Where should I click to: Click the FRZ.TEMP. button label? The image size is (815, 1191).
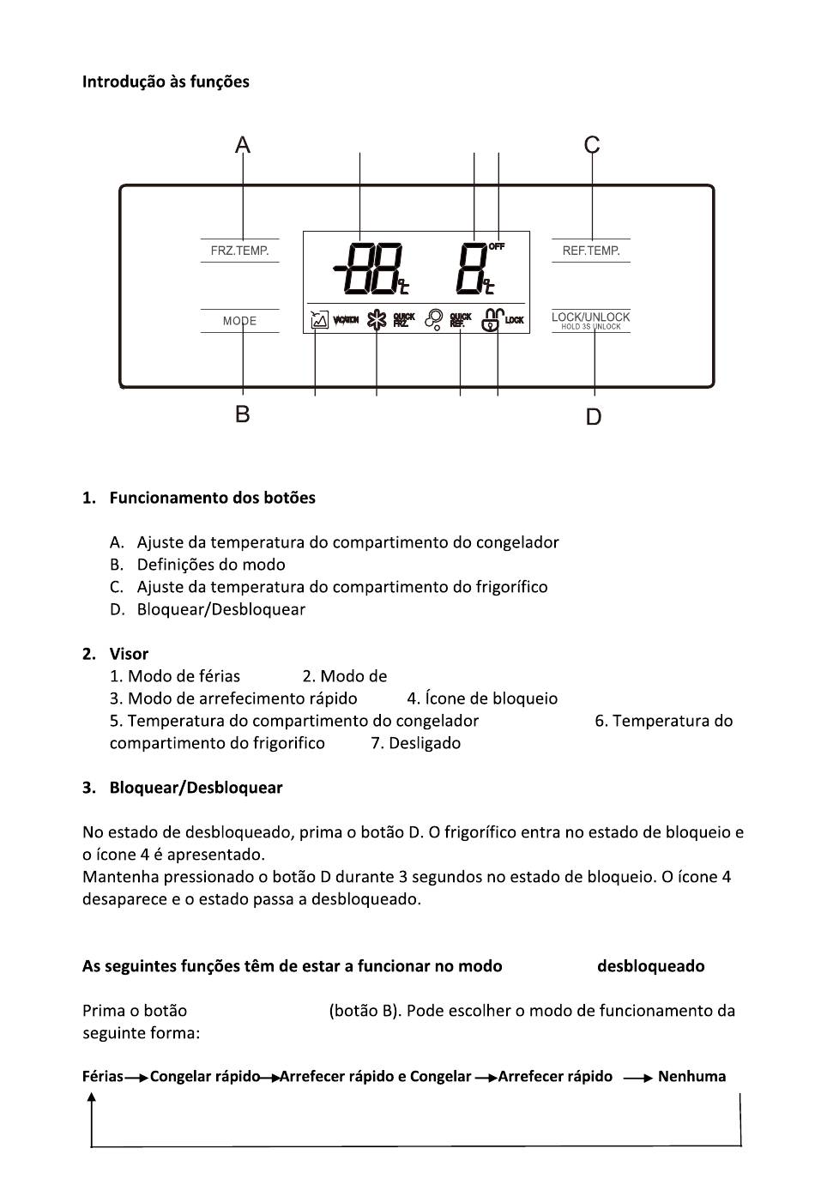click(239, 251)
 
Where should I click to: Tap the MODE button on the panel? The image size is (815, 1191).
click(239, 321)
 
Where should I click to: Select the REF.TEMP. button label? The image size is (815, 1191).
click(591, 251)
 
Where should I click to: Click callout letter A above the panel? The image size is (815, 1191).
click(243, 145)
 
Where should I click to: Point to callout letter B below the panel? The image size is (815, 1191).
click(243, 414)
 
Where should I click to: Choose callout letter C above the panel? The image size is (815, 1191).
click(592, 145)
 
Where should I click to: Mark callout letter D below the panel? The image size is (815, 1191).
click(594, 417)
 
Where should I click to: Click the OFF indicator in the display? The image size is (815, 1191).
click(497, 246)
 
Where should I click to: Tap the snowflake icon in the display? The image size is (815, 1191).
click(377, 320)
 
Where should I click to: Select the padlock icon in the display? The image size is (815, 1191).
click(492, 320)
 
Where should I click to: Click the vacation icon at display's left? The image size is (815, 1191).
click(319, 320)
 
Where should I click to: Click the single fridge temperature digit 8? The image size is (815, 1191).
click(474, 268)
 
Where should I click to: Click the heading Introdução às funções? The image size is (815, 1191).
click(166, 82)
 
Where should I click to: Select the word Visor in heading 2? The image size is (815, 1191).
click(129, 654)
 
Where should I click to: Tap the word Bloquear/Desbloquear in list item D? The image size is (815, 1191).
click(220, 609)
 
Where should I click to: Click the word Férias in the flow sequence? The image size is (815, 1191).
click(103, 1076)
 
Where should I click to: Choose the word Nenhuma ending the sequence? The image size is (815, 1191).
click(691, 1076)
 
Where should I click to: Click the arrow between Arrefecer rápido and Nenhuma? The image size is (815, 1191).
click(638, 1078)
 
